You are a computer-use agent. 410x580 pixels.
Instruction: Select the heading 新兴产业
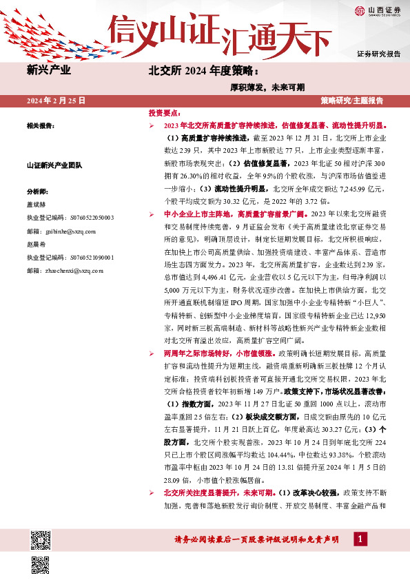coord(48,70)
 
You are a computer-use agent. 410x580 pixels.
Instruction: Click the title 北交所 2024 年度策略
coord(205,70)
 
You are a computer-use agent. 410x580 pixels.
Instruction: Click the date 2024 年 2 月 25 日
coord(56,101)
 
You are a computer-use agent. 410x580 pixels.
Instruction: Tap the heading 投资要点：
coord(165,112)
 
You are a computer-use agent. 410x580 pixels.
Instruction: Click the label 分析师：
coord(38,191)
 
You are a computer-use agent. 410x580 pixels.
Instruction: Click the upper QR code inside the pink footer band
coord(41,539)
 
